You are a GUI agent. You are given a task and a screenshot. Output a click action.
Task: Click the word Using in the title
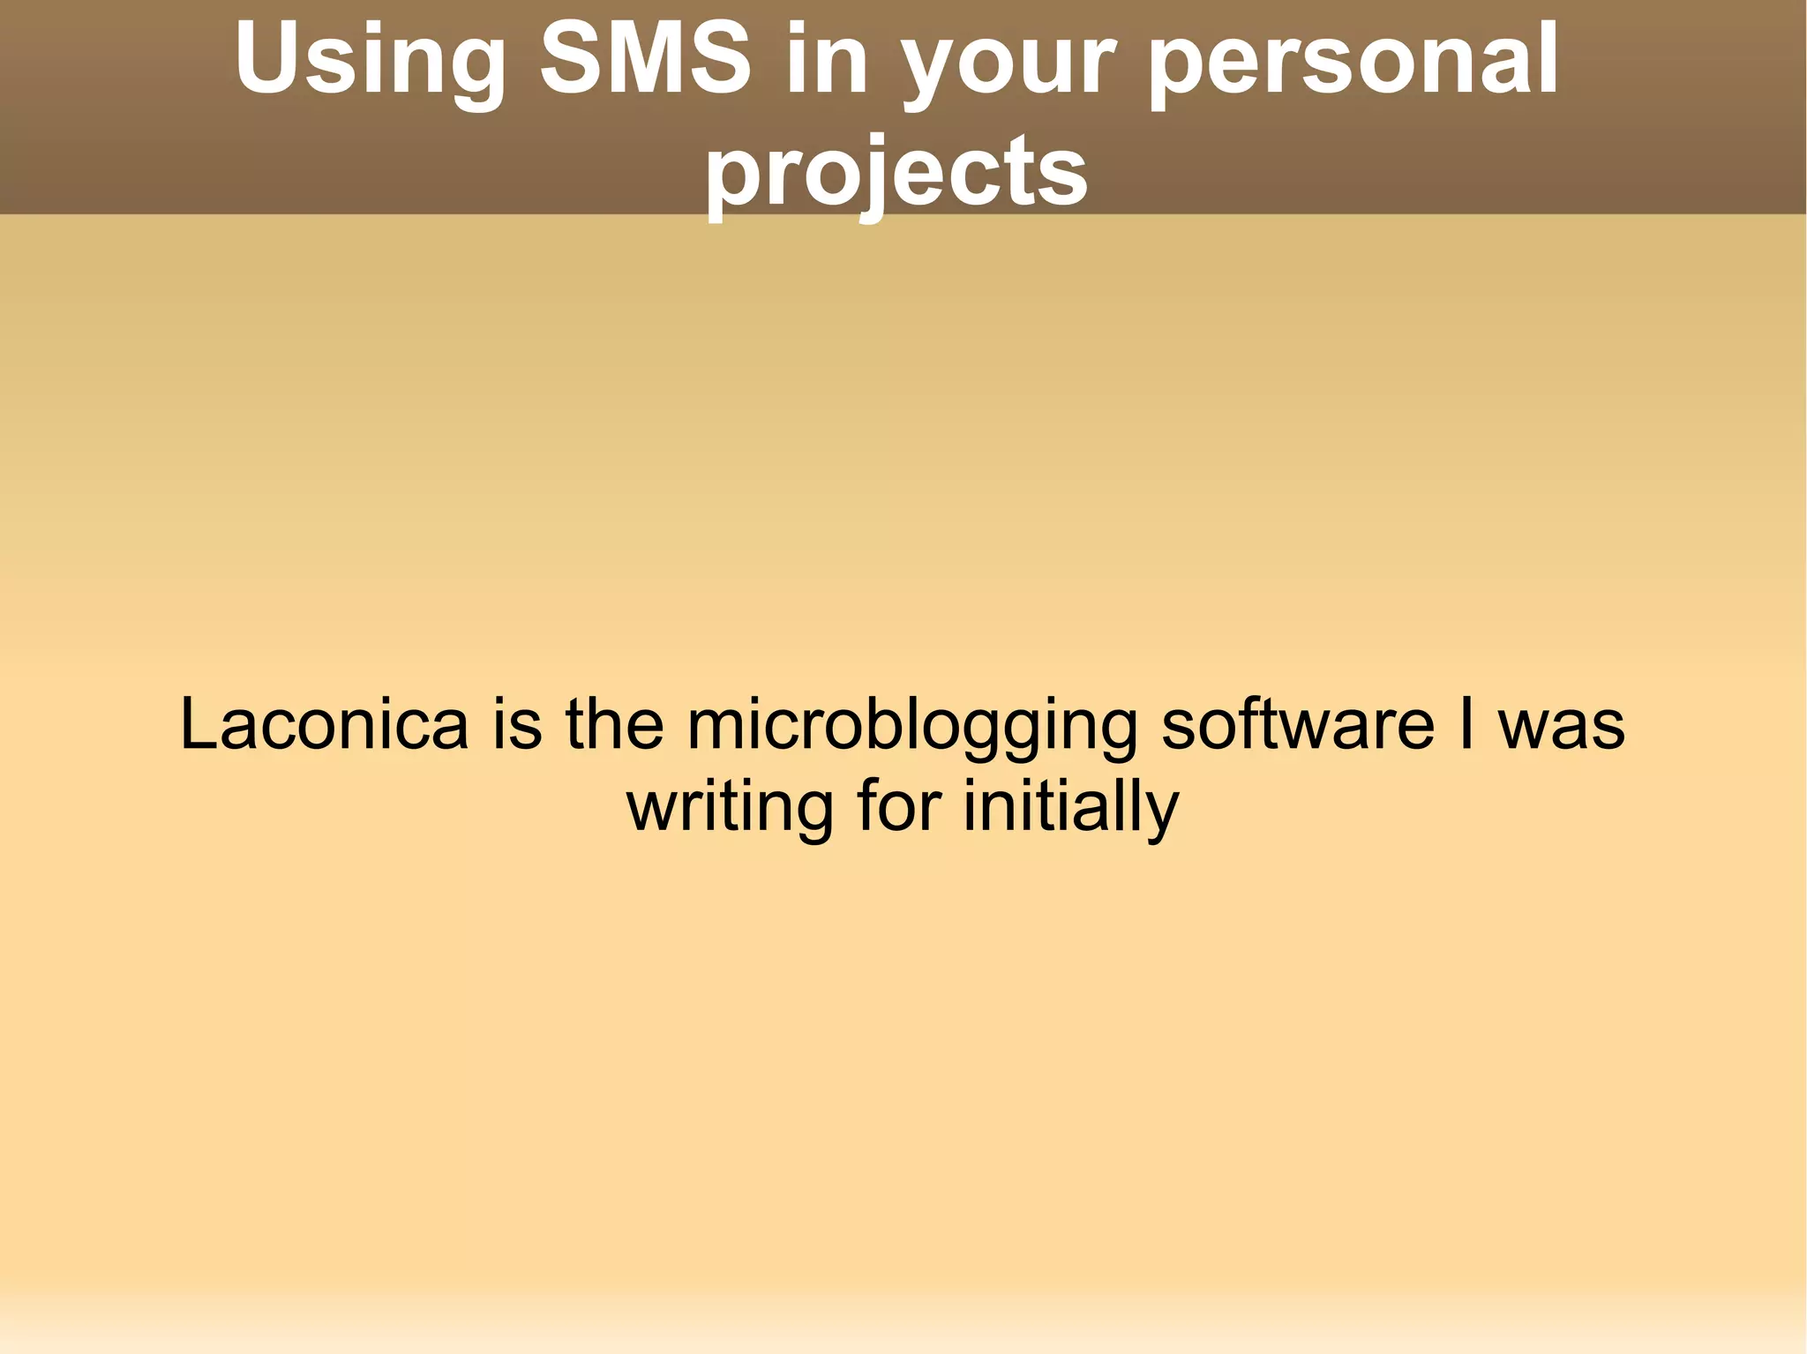click(370, 62)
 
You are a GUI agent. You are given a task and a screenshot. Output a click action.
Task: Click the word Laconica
click(324, 724)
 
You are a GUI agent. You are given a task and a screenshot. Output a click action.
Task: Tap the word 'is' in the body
click(517, 724)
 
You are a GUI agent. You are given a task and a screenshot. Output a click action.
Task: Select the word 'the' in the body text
click(614, 724)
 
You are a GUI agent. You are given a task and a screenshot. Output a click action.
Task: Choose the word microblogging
click(912, 729)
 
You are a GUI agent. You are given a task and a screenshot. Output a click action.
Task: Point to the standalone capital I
click(1466, 724)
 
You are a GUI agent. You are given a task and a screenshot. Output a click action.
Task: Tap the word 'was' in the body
click(1562, 729)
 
